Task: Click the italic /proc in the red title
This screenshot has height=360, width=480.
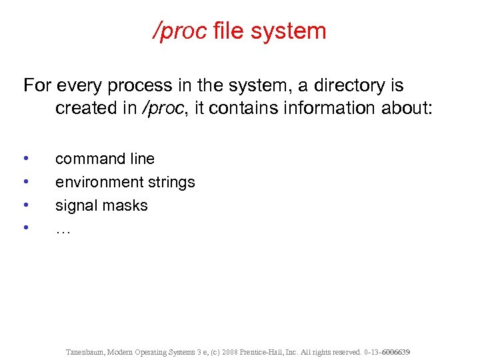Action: coord(181,31)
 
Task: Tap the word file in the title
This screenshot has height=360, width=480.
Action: coord(229,31)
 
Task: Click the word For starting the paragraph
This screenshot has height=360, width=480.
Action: coord(37,86)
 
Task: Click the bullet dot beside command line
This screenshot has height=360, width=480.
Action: coord(25,159)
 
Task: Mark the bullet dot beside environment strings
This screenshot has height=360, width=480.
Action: coord(25,182)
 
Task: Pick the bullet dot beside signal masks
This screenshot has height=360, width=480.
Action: coord(25,205)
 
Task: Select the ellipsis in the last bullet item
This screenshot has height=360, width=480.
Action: coord(63,230)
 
